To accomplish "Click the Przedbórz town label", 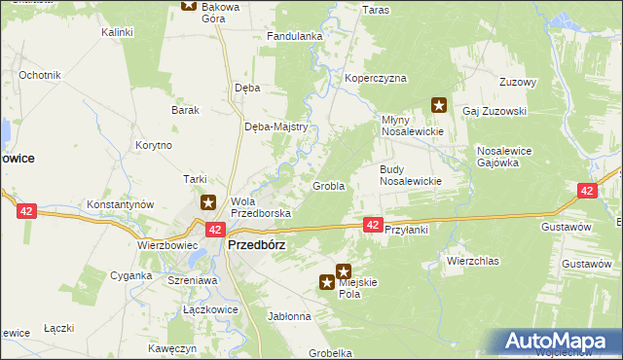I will click(x=256, y=245).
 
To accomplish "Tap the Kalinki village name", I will click(x=117, y=32).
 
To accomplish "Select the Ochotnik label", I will click(x=40, y=75).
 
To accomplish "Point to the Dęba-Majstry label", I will click(x=276, y=126).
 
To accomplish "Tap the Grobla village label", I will click(x=328, y=186).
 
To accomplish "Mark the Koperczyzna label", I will click(x=375, y=78).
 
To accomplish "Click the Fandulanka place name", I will click(x=295, y=36).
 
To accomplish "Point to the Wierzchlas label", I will click(x=472, y=261).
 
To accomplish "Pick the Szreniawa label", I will click(x=192, y=279).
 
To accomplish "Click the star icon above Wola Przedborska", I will click(x=208, y=203).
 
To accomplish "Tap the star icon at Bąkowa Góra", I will click(x=189, y=5).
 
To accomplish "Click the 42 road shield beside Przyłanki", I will click(x=373, y=225).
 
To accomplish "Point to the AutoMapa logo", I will click(x=559, y=342).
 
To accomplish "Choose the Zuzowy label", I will click(x=517, y=82).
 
